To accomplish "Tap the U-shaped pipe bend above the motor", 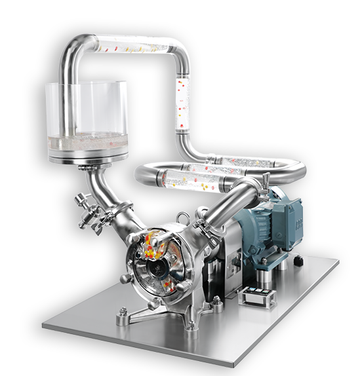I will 295,170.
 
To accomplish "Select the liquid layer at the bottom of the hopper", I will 89,140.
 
